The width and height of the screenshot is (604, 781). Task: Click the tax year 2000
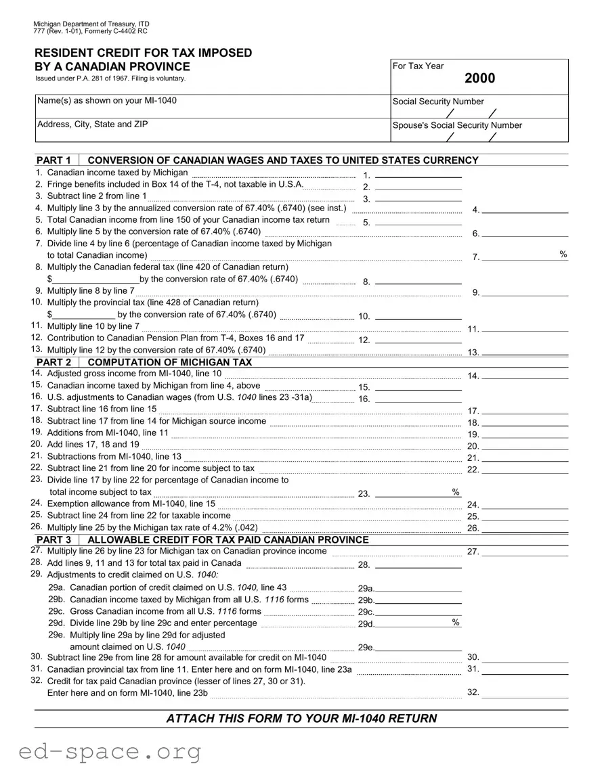(x=479, y=79)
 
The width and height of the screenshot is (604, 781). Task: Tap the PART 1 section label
(x=53, y=160)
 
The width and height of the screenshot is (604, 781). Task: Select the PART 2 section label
(x=53, y=362)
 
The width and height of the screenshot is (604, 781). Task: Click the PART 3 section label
(x=53, y=539)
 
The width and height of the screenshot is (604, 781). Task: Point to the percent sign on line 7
(x=563, y=254)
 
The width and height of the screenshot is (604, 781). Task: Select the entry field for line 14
(x=525, y=376)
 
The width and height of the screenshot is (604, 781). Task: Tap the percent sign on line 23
(x=456, y=491)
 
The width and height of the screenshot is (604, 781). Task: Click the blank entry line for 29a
(x=419, y=588)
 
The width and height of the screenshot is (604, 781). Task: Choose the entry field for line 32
(x=525, y=693)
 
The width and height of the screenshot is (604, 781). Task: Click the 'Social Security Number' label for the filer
(x=438, y=102)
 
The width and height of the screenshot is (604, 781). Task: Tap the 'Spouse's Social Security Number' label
(x=457, y=125)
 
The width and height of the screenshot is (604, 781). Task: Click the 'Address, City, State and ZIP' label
(x=92, y=125)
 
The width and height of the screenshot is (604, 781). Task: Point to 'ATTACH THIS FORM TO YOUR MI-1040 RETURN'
(x=301, y=719)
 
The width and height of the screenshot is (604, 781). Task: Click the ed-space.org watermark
(x=101, y=751)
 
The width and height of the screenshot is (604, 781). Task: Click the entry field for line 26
(x=525, y=528)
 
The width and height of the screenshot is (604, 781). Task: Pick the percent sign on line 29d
(x=456, y=622)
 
